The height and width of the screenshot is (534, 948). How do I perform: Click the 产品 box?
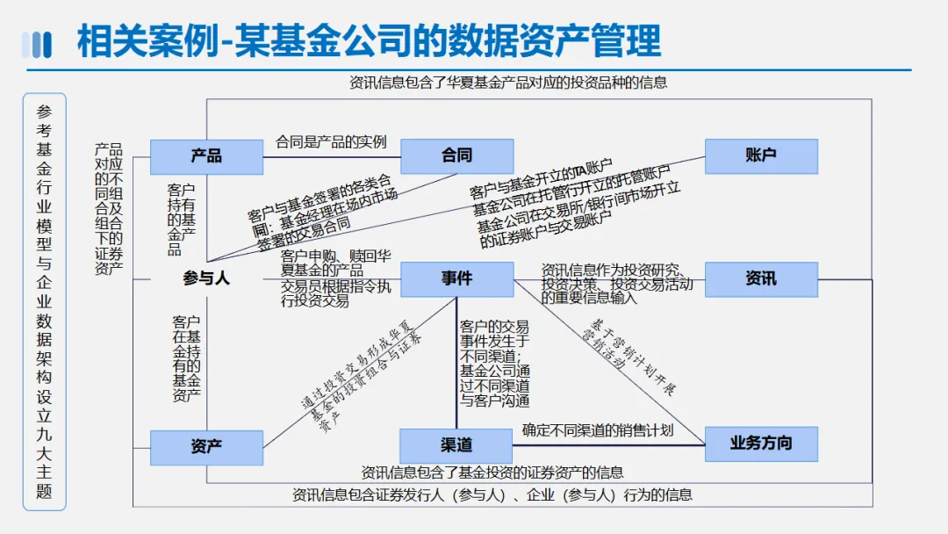pos(206,156)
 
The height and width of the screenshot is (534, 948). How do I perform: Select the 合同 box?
pos(456,156)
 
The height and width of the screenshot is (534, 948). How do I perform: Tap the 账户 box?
pos(761,156)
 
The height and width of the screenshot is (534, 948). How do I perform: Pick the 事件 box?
pos(456,279)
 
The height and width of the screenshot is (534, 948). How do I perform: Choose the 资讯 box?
pos(761,279)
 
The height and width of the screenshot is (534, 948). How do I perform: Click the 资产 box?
pos(206,447)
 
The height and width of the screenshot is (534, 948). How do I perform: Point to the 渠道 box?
pos(456,445)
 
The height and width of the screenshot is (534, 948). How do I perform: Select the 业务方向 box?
pos(761,444)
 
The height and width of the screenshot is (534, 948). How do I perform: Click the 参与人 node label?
pos(206,279)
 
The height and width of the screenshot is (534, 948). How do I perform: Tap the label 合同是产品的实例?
pos(331,142)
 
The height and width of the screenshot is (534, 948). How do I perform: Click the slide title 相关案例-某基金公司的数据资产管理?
pos(369,41)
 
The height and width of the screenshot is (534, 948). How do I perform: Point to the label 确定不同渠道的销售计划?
pos(598,430)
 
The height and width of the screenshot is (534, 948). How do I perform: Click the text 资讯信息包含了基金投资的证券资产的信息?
pos(492,473)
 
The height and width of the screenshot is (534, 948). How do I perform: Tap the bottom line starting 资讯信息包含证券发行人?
pos(492,494)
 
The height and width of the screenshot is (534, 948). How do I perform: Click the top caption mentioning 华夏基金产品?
pos(508,83)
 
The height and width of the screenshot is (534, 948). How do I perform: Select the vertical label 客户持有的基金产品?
pos(181,220)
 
